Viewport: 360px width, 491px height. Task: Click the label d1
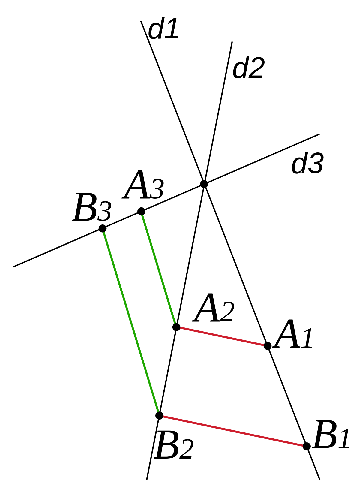coord(163,29)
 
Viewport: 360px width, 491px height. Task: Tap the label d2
coord(249,68)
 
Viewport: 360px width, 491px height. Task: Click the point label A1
coord(293,334)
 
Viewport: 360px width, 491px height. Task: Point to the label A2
coord(213,308)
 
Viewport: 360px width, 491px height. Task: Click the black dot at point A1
coord(268,346)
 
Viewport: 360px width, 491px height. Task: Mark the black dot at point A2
coord(176,327)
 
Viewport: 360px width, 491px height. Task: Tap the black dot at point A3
coord(141,211)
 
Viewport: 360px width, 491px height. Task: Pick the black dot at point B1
coord(307,446)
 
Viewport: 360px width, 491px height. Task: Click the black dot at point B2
coord(159,415)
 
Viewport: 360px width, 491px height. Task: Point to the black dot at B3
coord(103,228)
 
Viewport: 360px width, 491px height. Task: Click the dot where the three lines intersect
coord(204,184)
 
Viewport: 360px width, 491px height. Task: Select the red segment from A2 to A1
coord(222,337)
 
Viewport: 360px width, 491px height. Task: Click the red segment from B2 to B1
coord(233,431)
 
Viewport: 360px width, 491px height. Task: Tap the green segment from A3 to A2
coord(159,269)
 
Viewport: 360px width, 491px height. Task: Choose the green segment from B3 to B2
coord(131,322)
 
